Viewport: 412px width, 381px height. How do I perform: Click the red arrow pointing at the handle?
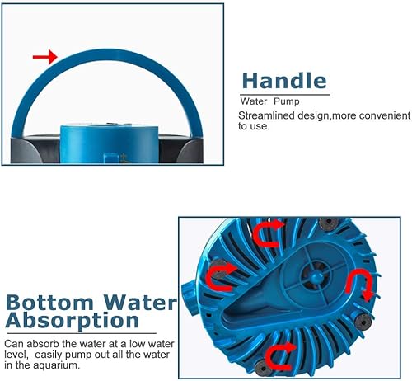click(x=44, y=57)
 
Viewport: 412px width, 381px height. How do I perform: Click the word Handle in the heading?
click(x=283, y=80)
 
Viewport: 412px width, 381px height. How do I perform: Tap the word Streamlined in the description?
click(x=264, y=115)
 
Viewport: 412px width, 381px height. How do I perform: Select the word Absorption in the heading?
click(x=72, y=321)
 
